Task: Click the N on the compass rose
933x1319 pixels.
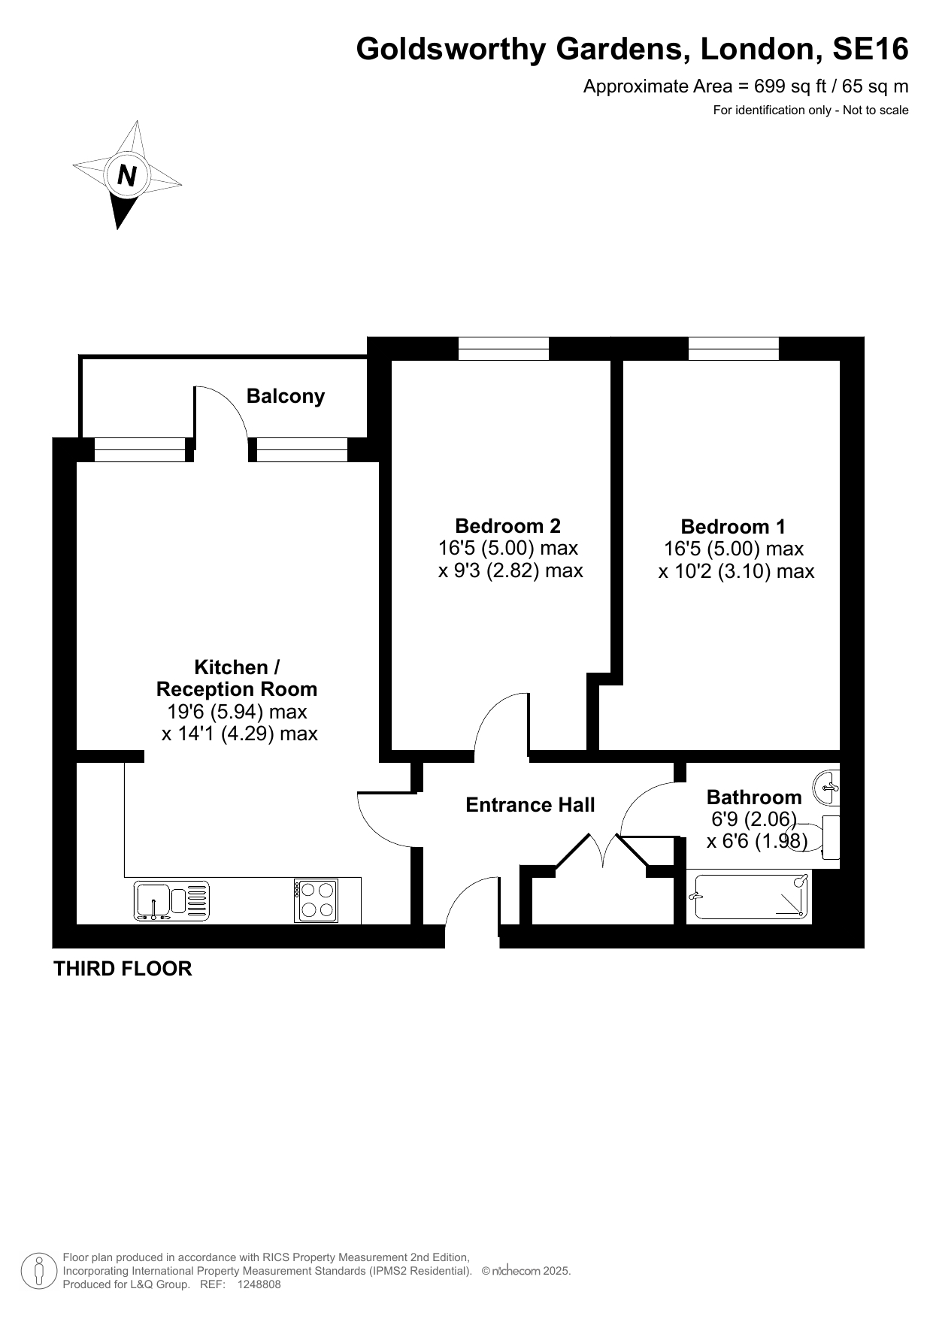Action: tap(127, 175)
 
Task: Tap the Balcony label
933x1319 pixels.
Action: tap(286, 396)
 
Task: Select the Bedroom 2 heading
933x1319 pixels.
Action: tap(508, 525)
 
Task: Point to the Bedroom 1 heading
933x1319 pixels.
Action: tap(734, 526)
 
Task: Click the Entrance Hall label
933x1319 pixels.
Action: tap(530, 805)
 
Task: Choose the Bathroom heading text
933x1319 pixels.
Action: tap(754, 797)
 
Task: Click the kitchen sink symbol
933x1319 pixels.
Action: tap(172, 900)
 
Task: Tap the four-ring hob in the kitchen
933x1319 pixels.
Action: tap(316, 900)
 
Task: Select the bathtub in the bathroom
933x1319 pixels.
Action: tap(752, 897)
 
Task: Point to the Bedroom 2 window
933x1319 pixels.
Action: tap(504, 349)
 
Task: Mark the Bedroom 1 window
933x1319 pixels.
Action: tap(733, 349)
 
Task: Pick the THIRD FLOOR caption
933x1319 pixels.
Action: tap(123, 969)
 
